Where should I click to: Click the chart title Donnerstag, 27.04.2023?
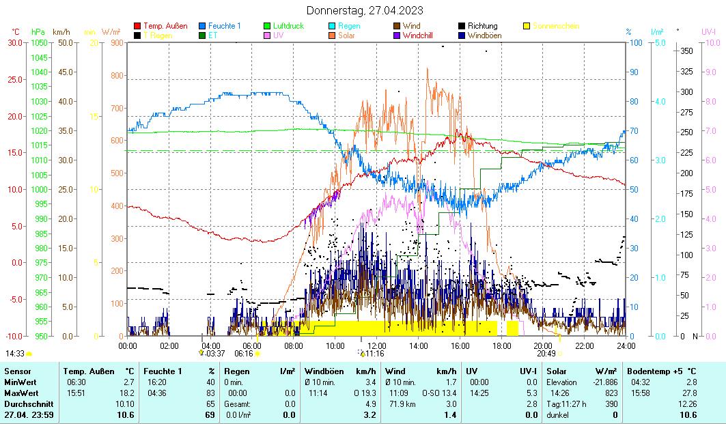coord(364,10)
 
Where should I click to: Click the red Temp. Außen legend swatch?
coord(137,26)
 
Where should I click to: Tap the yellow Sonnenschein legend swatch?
coord(527,26)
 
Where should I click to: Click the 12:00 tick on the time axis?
coord(377,346)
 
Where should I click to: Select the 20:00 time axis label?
coord(543,346)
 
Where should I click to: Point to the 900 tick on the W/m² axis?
coord(117,42)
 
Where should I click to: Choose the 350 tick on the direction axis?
coord(686,51)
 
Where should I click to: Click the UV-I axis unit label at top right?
coord(708,31)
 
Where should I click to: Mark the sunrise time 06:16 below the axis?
coord(244,354)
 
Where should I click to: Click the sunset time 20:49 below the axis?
coord(546,354)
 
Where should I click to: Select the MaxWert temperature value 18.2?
coord(127,394)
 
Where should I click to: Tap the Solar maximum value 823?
coord(611,394)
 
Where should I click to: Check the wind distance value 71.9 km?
coord(400,404)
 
